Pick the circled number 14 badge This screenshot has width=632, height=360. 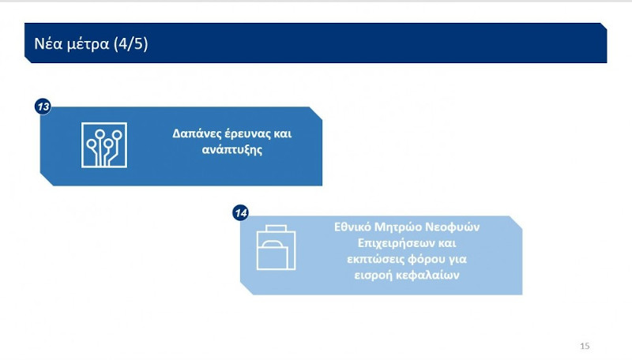coord(241,213)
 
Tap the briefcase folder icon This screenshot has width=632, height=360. coord(276,248)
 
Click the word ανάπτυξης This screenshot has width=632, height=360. coord(231,150)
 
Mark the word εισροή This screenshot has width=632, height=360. coord(375,275)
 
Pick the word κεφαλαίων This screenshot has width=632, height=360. coord(428,275)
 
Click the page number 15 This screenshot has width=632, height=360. coord(585,346)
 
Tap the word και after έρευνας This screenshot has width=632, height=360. coord(283,134)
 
